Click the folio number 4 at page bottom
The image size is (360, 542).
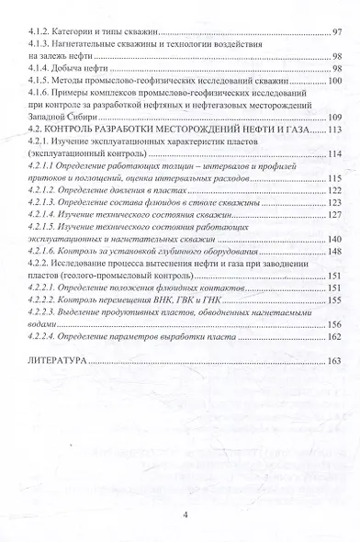pos(185,515)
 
